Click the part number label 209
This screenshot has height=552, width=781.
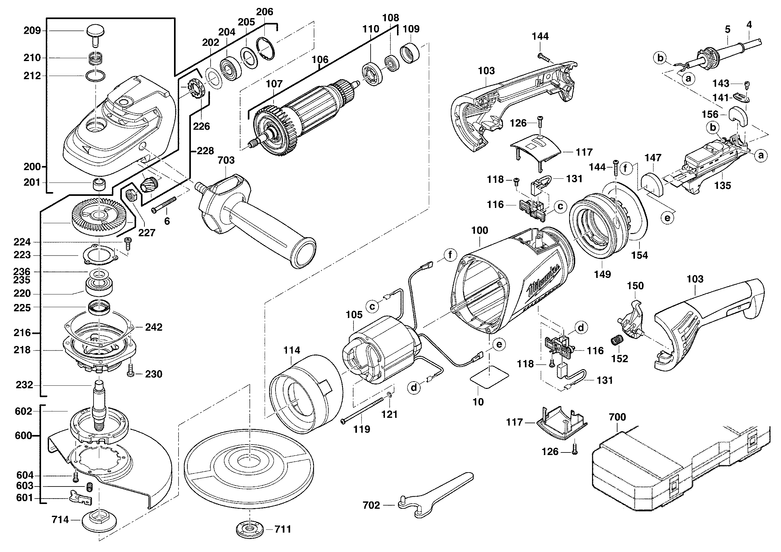32,31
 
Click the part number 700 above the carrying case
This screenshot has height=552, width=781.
617,417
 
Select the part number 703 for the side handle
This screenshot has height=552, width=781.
226,160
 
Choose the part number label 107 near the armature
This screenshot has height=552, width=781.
274,84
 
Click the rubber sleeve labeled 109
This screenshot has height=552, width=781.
409,53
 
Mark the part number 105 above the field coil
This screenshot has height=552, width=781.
354,315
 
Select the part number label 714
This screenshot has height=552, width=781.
60,519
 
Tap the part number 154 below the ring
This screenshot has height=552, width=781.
639,255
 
